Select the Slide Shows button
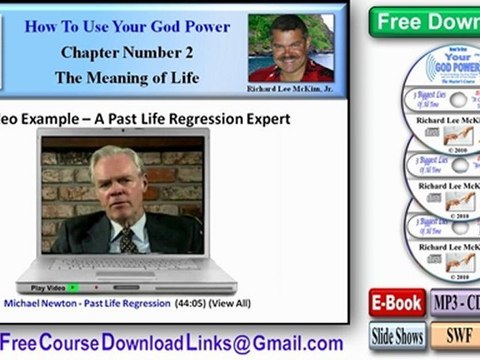pyautogui.click(x=398, y=336)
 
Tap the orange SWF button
pyautogui.click(x=456, y=336)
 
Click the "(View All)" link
pyautogui.click(x=229, y=301)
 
